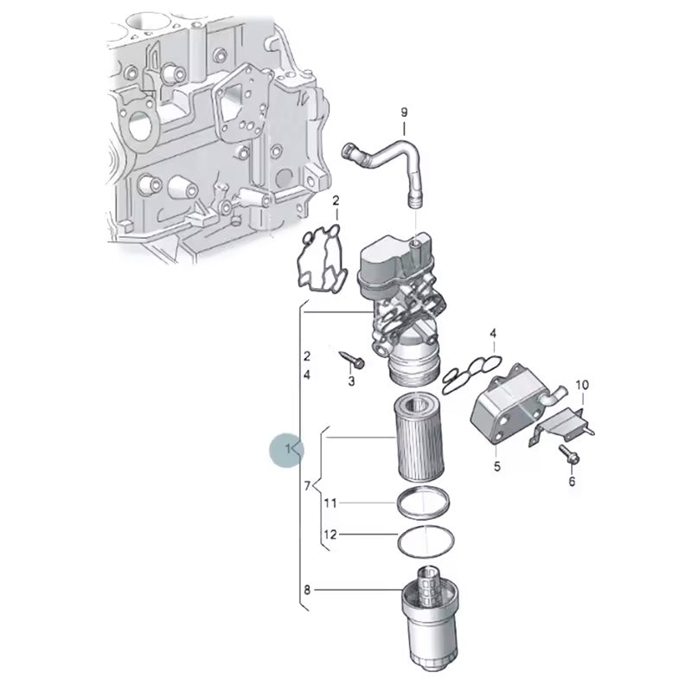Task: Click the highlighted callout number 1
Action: click(288, 449)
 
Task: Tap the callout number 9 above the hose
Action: click(404, 112)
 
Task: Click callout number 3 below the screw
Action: click(351, 381)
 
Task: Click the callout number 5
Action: click(497, 466)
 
